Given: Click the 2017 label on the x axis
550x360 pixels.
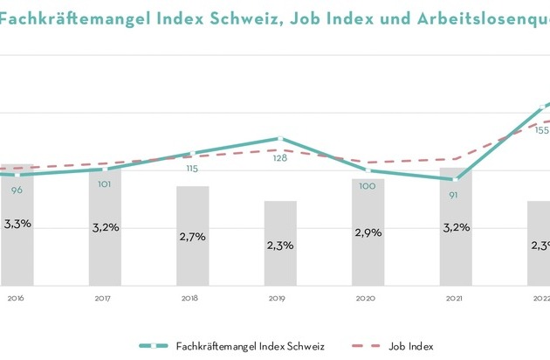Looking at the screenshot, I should [x=104, y=298].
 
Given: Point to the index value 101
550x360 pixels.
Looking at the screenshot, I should [x=104, y=184].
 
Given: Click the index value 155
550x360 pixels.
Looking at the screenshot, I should [x=541, y=130].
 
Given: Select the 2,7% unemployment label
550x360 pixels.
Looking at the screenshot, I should [x=193, y=236].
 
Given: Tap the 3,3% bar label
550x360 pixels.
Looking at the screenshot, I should [x=17, y=224].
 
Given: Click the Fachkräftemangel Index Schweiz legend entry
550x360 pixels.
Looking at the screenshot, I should [x=249, y=346].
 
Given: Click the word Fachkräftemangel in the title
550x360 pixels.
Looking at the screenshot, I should [x=65, y=14].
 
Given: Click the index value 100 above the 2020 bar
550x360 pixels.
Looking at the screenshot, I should [x=368, y=186].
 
